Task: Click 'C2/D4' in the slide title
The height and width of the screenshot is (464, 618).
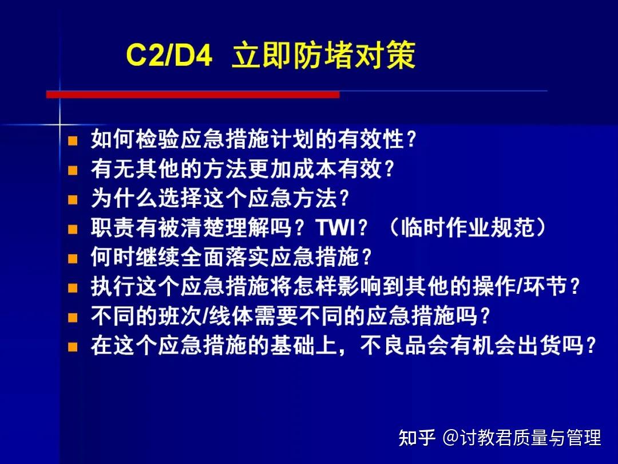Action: [169, 57]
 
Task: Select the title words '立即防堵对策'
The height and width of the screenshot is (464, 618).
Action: [323, 57]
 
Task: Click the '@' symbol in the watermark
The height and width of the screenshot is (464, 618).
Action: [450, 438]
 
